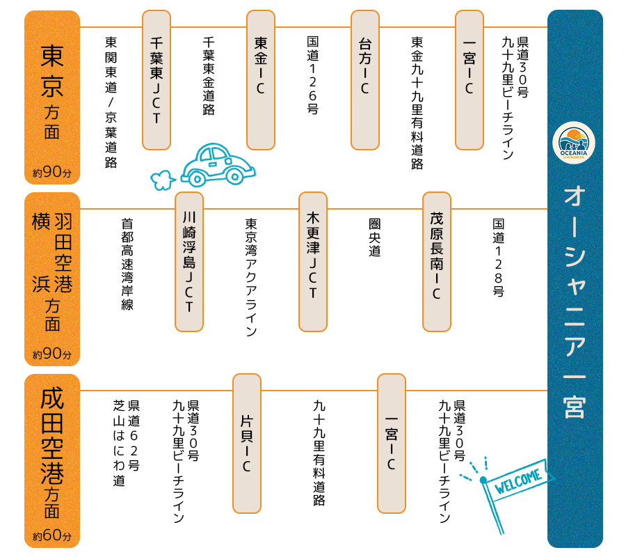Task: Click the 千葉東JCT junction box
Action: pos(156,80)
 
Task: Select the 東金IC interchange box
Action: pos(261,80)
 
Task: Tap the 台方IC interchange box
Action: pos(365,80)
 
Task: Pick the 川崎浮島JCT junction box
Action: pos(188,261)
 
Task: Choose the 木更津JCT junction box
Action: pos(313,261)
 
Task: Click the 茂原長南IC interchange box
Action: pos(436,261)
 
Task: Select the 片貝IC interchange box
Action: pos(246,443)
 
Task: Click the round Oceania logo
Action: pos(575,143)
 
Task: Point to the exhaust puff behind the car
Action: pos(161,180)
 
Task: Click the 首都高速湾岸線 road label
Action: pos(127,265)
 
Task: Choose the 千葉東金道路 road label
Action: pos(208,77)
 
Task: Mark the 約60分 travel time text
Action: pos(52,537)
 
